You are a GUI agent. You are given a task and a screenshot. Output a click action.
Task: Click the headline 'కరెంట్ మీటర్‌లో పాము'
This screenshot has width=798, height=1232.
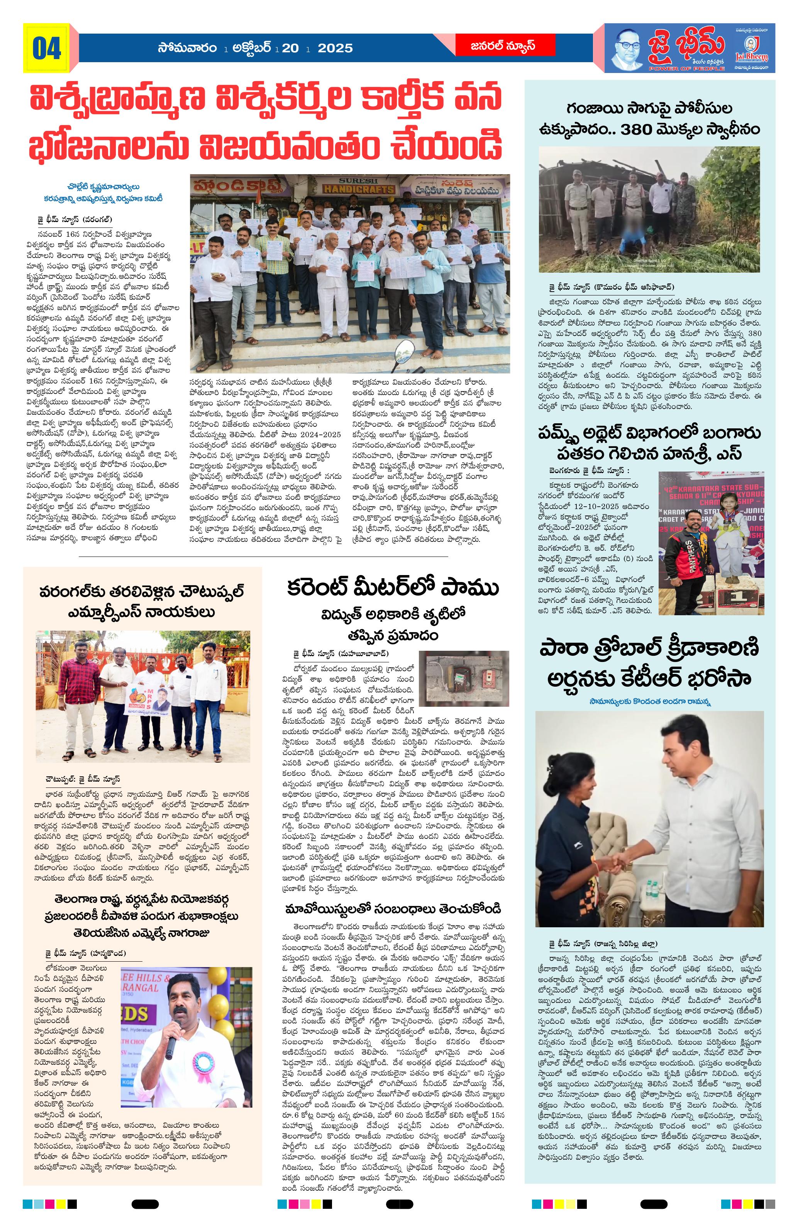(393, 589)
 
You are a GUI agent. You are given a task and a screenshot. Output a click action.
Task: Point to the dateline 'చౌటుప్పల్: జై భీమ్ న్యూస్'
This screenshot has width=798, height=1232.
(82, 780)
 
